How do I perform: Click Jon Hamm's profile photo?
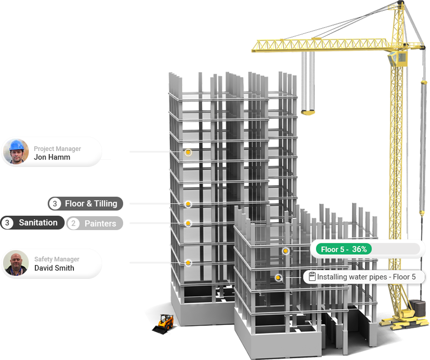tap(16, 151)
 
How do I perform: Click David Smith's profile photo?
tap(16, 263)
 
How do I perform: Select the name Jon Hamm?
tap(52, 157)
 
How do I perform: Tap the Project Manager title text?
tap(57, 148)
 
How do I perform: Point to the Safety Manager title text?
tap(57, 259)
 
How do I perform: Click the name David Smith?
tap(54, 268)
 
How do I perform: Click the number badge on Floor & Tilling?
tap(55, 204)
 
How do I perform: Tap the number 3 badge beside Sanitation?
tap(7, 223)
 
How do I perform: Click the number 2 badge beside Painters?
tap(73, 223)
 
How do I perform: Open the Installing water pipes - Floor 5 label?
tap(365, 277)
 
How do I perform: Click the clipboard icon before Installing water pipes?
tap(312, 277)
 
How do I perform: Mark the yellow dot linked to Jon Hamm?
tap(188, 153)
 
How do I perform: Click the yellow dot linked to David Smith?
tap(188, 263)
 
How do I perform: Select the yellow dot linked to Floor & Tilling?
tap(188, 204)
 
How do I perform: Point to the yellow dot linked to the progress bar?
tap(286, 251)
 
